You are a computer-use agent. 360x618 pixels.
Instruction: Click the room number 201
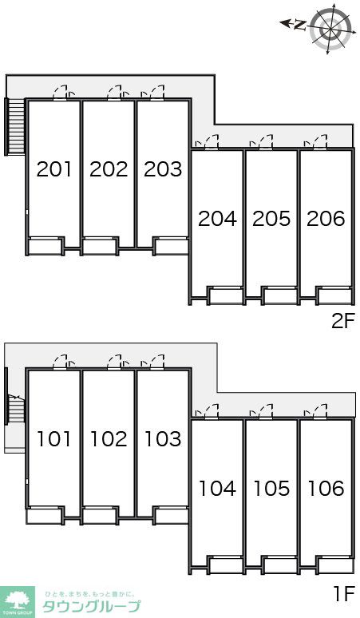(54, 169)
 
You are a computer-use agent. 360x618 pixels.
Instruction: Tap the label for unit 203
(163, 169)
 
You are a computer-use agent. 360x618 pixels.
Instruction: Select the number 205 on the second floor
(271, 218)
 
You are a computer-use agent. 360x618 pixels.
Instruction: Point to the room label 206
(326, 218)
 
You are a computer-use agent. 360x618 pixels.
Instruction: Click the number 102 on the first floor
(109, 438)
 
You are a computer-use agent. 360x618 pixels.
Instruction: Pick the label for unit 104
(217, 489)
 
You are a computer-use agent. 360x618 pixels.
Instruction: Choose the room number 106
(326, 489)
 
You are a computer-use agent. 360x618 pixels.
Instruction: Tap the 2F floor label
(343, 322)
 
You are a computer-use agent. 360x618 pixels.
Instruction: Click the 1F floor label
(344, 594)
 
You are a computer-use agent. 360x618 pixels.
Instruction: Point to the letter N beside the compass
(300, 25)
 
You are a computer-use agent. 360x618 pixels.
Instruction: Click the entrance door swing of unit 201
(61, 93)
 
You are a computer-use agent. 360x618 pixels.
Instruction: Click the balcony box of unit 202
(100, 246)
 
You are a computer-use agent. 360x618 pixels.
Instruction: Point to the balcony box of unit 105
(280, 565)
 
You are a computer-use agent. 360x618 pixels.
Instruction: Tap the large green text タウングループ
(91, 606)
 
